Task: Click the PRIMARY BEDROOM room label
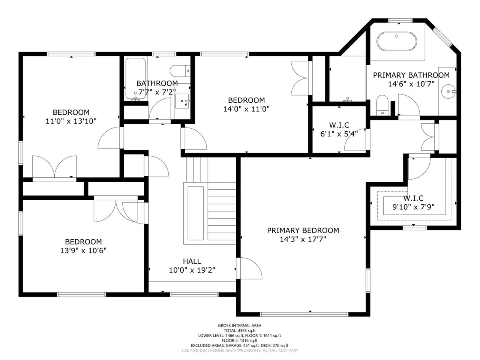coord(303,231)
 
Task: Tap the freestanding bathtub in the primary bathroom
coord(396,41)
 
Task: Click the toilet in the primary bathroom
coord(382,105)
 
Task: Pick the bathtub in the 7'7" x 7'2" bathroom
coord(136,78)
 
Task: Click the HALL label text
coord(192,261)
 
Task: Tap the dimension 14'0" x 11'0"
coord(246,109)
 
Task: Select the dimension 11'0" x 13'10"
coord(71,121)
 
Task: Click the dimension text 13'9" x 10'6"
coord(83,250)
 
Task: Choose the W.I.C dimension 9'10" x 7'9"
coord(413,207)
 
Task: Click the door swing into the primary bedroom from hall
coord(249,268)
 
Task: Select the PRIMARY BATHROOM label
coord(411,75)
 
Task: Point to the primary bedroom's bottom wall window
coord(304,314)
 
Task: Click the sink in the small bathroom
coord(182,101)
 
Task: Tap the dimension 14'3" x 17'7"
coord(303,239)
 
